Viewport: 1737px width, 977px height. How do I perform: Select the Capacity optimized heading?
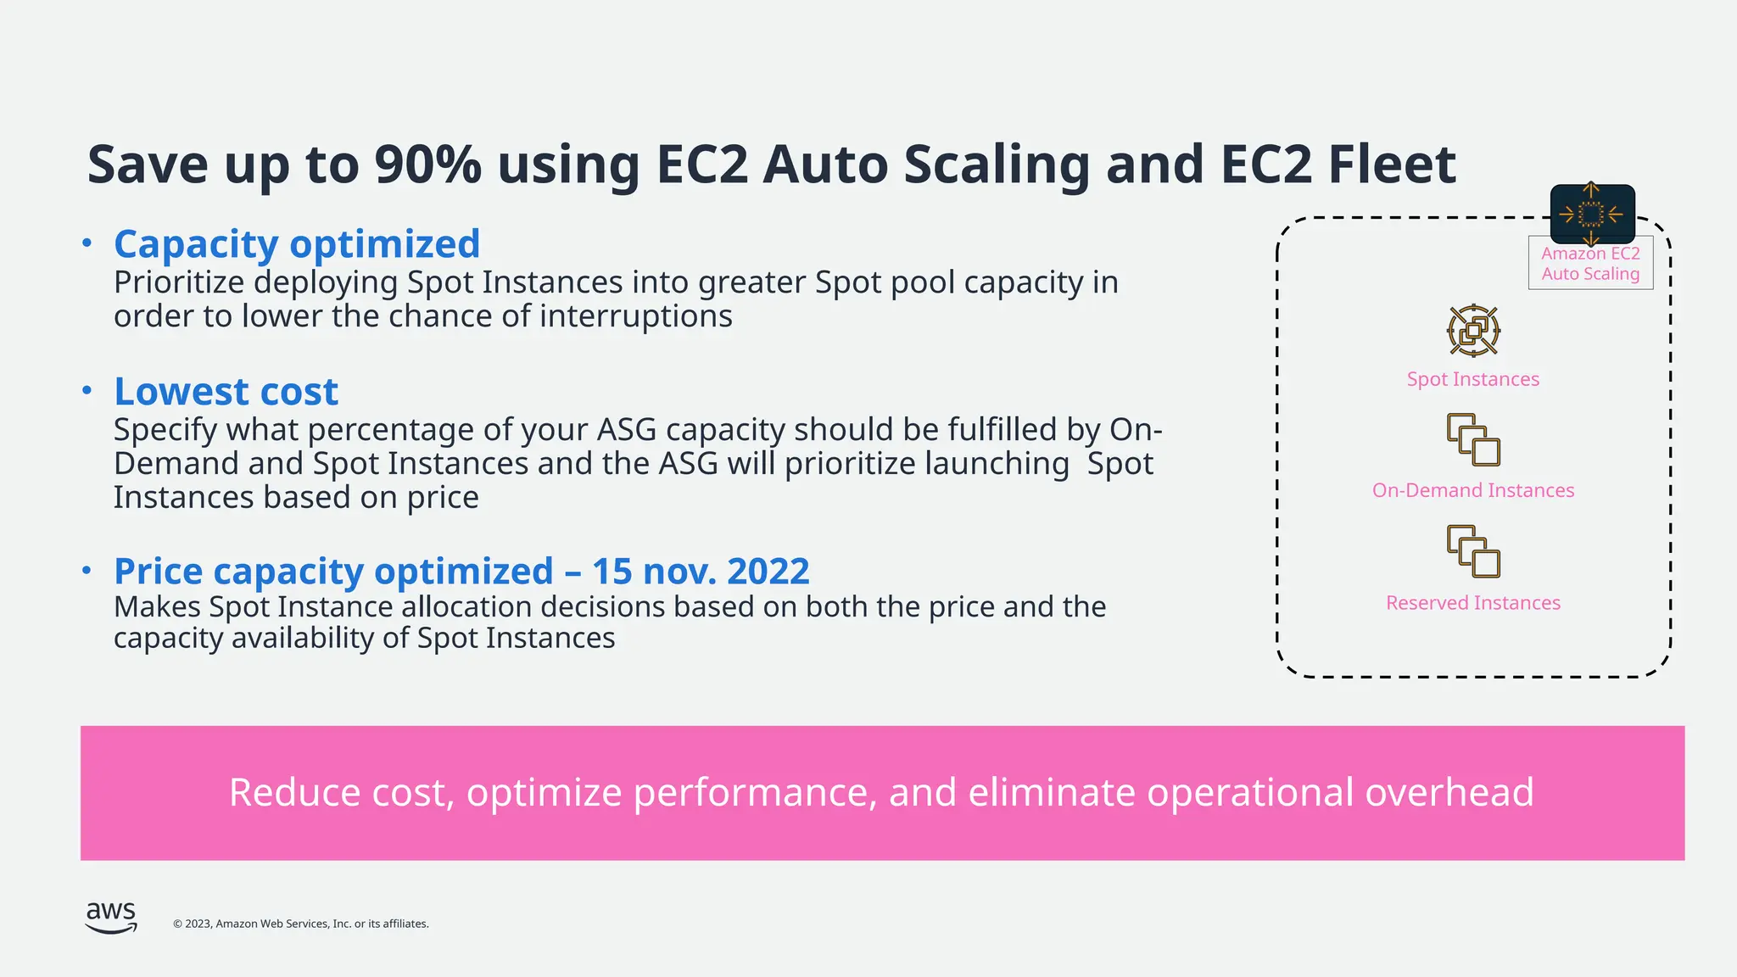(x=297, y=244)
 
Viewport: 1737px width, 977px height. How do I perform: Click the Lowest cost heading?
(x=226, y=392)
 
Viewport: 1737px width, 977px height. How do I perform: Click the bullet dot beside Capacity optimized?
(x=87, y=243)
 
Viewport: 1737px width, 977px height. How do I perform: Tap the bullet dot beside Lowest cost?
(x=87, y=391)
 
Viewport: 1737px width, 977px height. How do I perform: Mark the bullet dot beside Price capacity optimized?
(x=87, y=571)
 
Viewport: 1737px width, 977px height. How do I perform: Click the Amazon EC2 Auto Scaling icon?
(x=1592, y=215)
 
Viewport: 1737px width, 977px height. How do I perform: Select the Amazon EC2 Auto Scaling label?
(x=1590, y=264)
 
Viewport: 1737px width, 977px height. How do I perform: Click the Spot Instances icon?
(x=1473, y=331)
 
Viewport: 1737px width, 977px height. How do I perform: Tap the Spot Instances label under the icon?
(x=1472, y=379)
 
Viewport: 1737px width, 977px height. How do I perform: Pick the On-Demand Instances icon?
(x=1473, y=439)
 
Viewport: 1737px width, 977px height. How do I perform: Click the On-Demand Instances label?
(x=1472, y=490)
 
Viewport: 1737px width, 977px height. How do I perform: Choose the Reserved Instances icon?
(x=1473, y=551)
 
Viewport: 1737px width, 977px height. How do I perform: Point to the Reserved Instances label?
(x=1472, y=603)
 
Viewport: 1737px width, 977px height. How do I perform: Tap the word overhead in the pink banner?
(x=1449, y=793)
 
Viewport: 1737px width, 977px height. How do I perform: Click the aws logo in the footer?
(x=111, y=917)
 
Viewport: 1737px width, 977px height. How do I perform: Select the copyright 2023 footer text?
(x=301, y=924)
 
